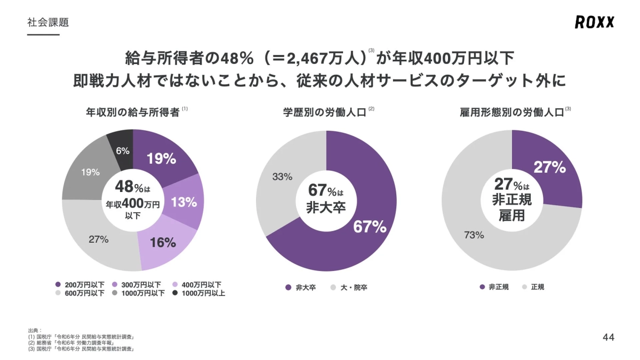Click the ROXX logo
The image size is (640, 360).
tap(594, 22)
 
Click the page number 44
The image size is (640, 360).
tap(609, 338)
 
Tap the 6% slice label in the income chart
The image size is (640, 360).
tap(123, 151)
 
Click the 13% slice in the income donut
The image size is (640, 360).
tap(184, 202)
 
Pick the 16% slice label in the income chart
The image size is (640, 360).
tap(163, 243)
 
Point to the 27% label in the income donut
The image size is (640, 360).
tap(99, 239)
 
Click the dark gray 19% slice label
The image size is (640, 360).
tap(90, 172)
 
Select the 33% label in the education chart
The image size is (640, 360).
tap(282, 177)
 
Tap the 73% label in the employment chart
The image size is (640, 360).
tap(474, 235)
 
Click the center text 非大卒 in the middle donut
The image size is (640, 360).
tap(326, 207)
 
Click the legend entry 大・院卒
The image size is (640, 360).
tap(354, 287)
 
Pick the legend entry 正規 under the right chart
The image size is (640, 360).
tap(537, 287)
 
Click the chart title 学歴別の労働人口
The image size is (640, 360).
tap(325, 113)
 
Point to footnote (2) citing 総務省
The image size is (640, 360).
tap(75, 343)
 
